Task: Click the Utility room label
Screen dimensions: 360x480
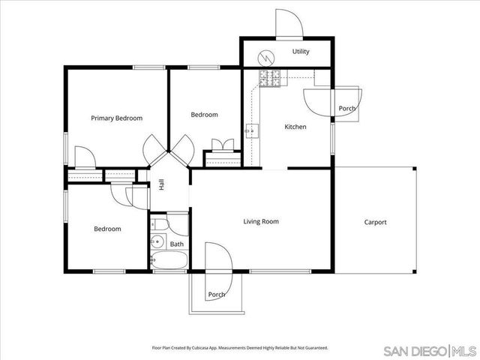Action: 301,52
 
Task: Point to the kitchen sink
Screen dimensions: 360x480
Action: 251,131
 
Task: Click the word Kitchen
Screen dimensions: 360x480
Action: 295,127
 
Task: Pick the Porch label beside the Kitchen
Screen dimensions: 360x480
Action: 347,109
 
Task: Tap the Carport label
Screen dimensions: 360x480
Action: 375,222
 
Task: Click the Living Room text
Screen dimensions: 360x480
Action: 261,221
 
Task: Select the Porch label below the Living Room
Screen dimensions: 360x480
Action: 217,294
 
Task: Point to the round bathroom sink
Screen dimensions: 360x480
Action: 157,241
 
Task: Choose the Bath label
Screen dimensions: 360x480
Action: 176,244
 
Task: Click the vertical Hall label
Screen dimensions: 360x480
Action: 161,184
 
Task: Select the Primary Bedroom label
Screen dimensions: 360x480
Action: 116,118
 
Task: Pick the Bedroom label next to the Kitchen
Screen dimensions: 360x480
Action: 204,115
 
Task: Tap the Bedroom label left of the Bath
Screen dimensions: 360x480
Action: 107,229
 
